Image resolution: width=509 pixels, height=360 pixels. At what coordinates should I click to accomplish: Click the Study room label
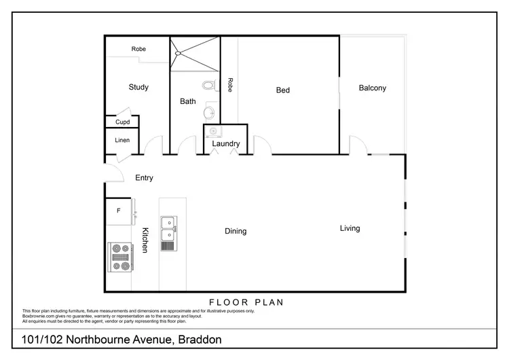[x=138, y=87]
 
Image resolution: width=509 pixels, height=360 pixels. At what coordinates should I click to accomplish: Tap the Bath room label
[x=188, y=102]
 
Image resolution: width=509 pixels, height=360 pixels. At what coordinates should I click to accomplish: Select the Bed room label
[x=283, y=90]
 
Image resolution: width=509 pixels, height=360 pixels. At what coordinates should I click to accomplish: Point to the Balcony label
[x=373, y=88]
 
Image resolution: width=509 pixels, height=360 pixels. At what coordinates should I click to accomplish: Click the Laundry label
[x=225, y=144]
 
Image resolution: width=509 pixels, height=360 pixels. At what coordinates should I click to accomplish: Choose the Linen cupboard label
[x=121, y=141]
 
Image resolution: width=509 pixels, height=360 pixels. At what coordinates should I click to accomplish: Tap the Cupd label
[x=122, y=122]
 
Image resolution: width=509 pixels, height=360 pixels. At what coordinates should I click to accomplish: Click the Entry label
[x=144, y=178]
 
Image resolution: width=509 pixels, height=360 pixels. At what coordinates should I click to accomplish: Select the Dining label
[x=235, y=231]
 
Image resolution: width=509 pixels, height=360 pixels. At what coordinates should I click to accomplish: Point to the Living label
[x=350, y=228]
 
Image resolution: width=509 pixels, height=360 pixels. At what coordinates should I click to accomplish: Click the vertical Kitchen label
[x=145, y=240]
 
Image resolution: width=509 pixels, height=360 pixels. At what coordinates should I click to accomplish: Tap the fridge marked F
[x=119, y=211]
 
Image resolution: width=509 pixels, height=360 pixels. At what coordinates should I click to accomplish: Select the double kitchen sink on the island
[x=168, y=230]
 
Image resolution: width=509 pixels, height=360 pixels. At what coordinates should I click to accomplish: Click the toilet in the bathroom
[x=208, y=86]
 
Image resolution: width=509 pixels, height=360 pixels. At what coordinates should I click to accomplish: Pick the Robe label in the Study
[x=138, y=49]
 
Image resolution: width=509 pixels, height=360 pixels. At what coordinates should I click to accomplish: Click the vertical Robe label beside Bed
[x=231, y=85]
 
